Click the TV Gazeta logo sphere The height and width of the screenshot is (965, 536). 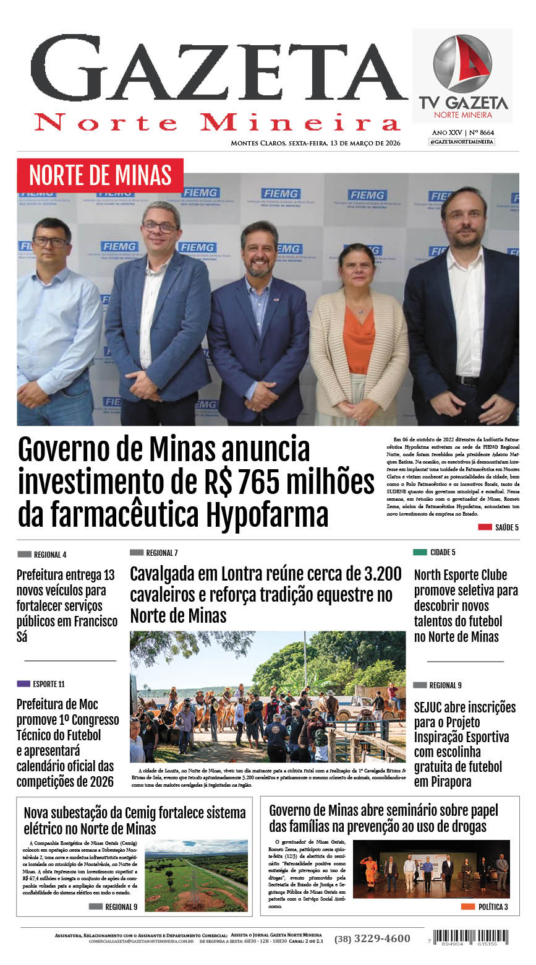[x=462, y=64]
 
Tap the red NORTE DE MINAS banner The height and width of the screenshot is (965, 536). [x=100, y=175]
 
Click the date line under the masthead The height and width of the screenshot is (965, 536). [x=315, y=144]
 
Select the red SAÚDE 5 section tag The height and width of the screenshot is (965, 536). [x=498, y=527]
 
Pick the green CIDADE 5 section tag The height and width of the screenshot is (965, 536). [x=435, y=552]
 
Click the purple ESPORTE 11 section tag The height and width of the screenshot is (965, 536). [x=41, y=684]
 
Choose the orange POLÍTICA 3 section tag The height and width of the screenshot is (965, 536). [x=485, y=907]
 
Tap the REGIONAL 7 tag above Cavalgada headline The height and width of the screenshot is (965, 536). [x=154, y=553]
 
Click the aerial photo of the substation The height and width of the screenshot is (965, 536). [x=196, y=875]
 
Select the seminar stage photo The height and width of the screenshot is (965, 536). [x=431, y=868]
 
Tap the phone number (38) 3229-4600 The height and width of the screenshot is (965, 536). [x=372, y=938]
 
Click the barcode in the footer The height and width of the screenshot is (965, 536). [x=470, y=937]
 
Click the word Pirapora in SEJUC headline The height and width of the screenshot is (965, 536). [x=443, y=782]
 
